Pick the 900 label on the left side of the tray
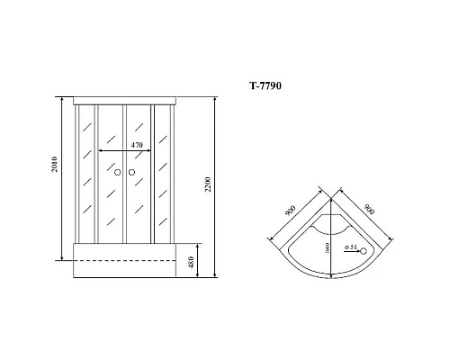(291, 212)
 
